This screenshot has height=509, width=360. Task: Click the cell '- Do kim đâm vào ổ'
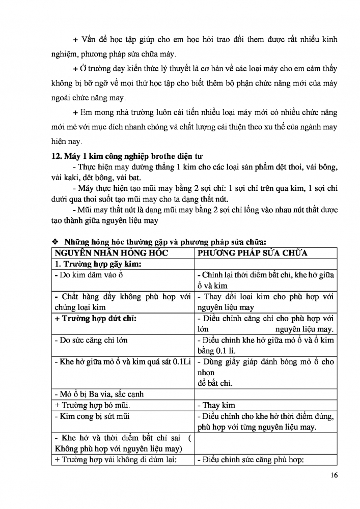tap(89, 275)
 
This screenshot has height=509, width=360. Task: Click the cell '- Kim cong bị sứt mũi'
tap(92, 417)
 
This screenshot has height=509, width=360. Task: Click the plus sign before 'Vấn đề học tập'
tap(76, 40)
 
